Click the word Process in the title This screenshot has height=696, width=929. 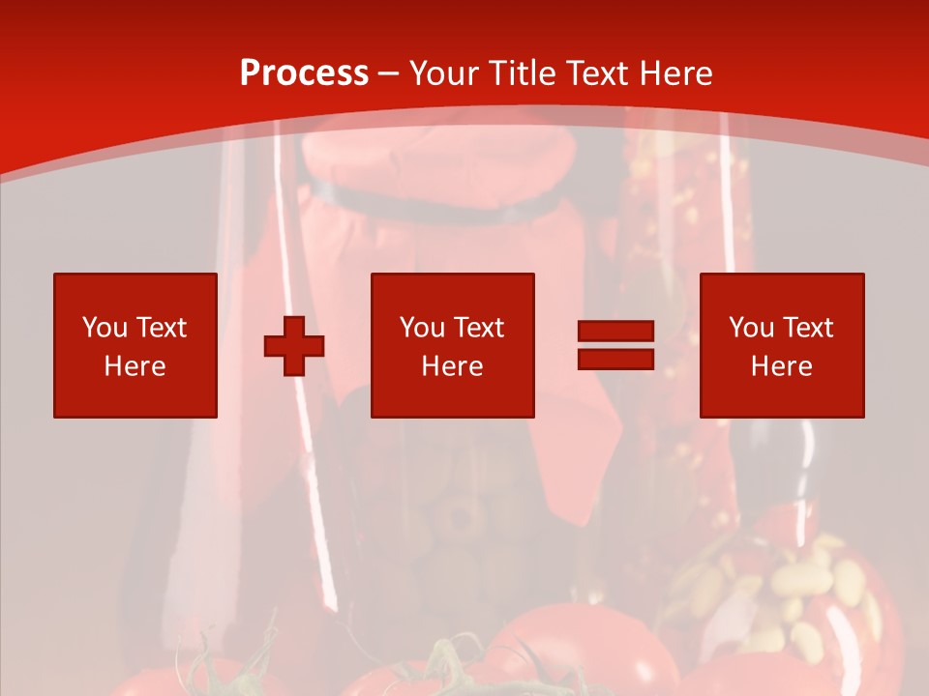pyautogui.click(x=304, y=73)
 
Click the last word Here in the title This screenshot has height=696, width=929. pyautogui.click(x=674, y=73)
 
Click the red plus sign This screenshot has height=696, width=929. pyautogui.click(x=294, y=346)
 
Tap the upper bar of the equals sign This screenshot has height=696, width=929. pyautogui.click(x=615, y=332)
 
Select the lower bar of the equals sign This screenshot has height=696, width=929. pyautogui.click(x=615, y=360)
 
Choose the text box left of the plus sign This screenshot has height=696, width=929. pyautogui.click(x=135, y=345)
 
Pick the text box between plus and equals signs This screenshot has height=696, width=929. pyautogui.click(x=452, y=345)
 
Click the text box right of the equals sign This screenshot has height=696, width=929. pyautogui.click(x=782, y=345)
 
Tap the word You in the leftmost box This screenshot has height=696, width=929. pyautogui.click(x=105, y=328)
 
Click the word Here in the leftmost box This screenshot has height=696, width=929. pyautogui.click(x=135, y=366)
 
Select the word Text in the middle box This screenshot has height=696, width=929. pyautogui.click(x=480, y=328)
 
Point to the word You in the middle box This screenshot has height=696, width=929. pyautogui.click(x=422, y=328)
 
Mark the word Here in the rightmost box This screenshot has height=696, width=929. pyautogui.click(x=782, y=366)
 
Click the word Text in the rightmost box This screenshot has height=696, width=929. pyautogui.click(x=809, y=328)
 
